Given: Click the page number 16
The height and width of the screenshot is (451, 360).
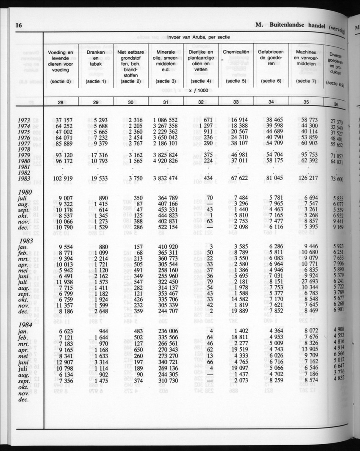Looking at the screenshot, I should [19, 25].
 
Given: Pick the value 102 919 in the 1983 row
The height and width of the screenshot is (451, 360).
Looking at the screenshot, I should [60, 179].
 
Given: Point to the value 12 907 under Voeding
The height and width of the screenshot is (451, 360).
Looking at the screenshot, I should [61, 362].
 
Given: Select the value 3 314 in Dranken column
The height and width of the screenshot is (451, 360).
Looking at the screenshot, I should [97, 362].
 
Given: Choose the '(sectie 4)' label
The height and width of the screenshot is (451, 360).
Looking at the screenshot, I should [201, 80].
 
